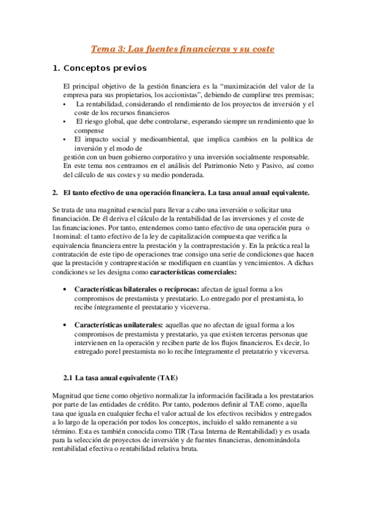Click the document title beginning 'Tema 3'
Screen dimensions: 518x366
[x=183, y=48]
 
